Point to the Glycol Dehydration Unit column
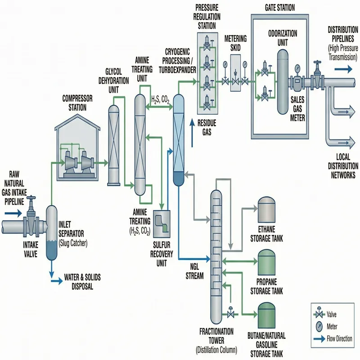click(114, 142)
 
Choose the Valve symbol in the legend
click(320, 315)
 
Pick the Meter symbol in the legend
click(320, 326)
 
